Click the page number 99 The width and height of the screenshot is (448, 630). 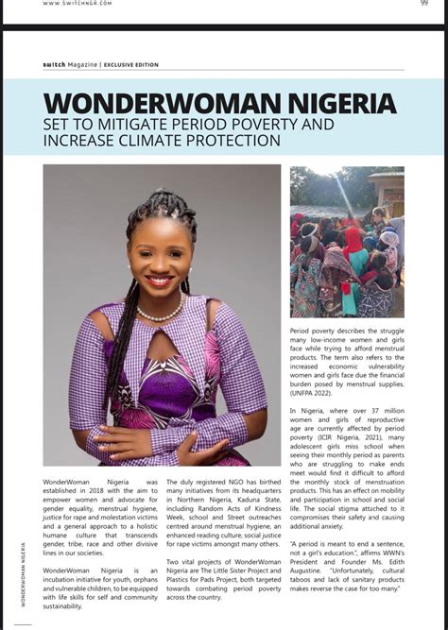pos(424,3)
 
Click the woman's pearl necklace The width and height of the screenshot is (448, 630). pos(161,313)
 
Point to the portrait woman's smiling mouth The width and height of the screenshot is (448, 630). pos(159,281)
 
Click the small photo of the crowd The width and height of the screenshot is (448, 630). pos(346,241)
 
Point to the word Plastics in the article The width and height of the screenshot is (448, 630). pos(182,581)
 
